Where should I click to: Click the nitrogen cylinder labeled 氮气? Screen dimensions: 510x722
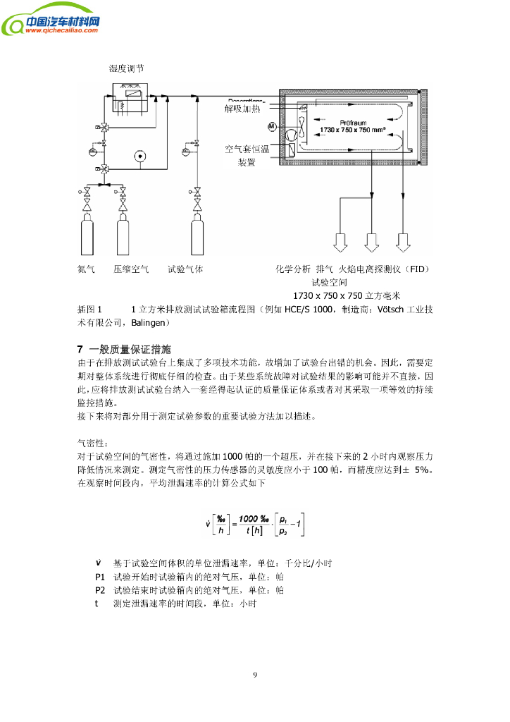[x=87, y=236]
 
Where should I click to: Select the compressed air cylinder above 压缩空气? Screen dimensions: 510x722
[x=123, y=236]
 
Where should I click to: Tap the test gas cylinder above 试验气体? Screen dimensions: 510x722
[x=198, y=236]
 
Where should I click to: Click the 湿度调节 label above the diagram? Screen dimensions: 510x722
[x=127, y=68]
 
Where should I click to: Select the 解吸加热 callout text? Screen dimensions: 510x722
[x=243, y=109]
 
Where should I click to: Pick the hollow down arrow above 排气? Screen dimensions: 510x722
[x=372, y=242]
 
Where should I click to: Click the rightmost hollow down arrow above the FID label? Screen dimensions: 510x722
[x=403, y=242]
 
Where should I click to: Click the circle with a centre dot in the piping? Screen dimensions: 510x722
[x=139, y=156]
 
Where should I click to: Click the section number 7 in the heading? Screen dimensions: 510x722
[x=80, y=350]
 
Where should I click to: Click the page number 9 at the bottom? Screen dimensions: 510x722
[x=255, y=675]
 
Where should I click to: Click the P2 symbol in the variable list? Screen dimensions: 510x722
[x=100, y=589]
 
